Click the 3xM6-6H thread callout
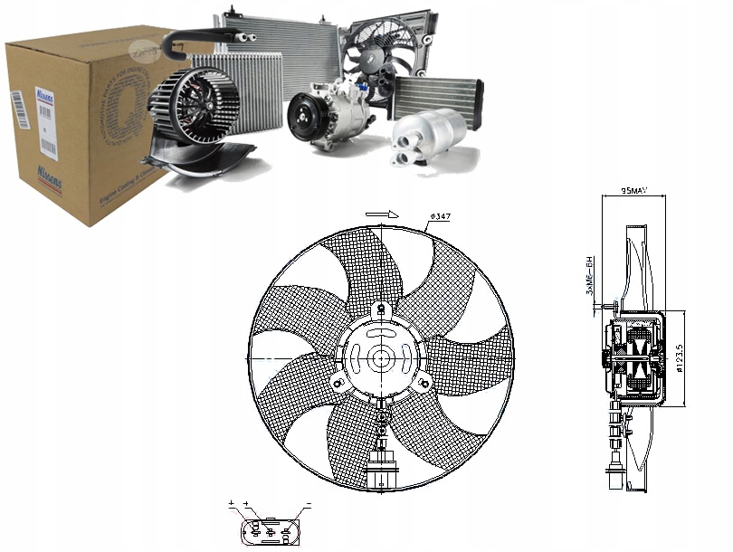click(588, 277)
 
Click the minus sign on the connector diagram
click(308, 502)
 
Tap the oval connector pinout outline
click(271, 527)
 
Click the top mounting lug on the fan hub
click(381, 311)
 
